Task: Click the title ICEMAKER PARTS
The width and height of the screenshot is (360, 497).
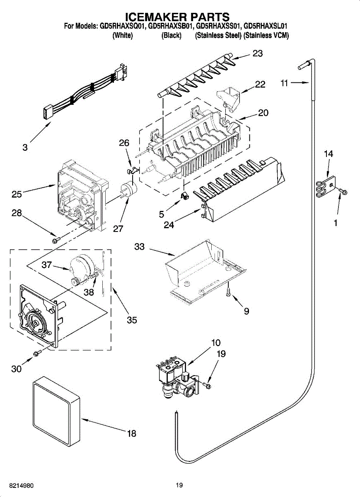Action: point(177,17)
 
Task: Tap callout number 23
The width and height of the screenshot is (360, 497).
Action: point(257,53)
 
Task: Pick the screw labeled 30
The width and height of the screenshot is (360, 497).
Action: point(37,352)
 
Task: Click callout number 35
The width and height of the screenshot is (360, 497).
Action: point(132,320)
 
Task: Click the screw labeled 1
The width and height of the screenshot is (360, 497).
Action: point(343,191)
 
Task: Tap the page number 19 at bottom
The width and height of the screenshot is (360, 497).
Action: point(179,485)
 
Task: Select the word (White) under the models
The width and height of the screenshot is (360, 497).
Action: point(123,36)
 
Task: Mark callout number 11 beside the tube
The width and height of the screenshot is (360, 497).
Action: point(283,83)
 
